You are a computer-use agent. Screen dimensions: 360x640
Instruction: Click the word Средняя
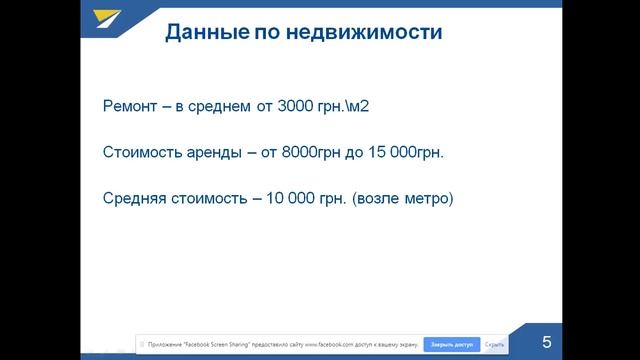tap(136, 198)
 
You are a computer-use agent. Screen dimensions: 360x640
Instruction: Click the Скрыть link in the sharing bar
tap(495, 344)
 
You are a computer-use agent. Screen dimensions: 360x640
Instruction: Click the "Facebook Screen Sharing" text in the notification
tap(219, 344)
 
